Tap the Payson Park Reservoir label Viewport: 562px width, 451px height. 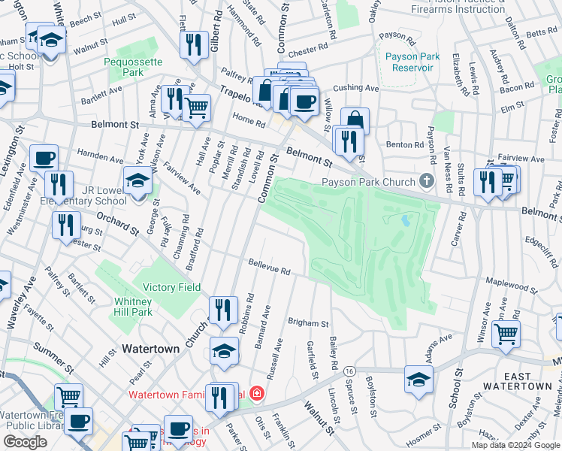click(409, 62)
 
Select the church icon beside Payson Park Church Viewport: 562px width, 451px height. click(427, 181)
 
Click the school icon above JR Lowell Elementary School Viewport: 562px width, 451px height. click(137, 181)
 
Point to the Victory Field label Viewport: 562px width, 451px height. click(172, 287)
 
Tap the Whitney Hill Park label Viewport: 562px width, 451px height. click(133, 307)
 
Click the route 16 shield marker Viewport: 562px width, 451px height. click(349, 371)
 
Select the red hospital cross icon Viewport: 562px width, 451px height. click(257, 394)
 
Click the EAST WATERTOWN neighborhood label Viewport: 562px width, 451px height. click(527, 381)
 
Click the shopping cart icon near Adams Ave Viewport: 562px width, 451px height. click(506, 332)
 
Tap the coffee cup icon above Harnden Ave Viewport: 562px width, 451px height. click(44, 159)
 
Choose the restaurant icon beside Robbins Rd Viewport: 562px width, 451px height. click(222, 309)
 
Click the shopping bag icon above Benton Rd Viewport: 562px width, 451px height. click(355, 120)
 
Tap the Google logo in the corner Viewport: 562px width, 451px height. click(25, 442)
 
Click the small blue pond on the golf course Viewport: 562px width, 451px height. click(406, 221)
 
